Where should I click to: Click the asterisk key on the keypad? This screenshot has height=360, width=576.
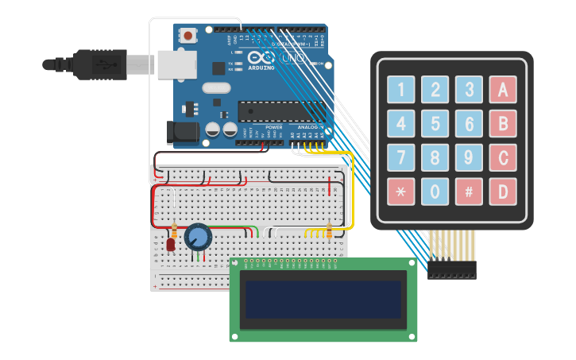[x=400, y=192]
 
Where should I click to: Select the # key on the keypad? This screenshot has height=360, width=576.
[x=470, y=192]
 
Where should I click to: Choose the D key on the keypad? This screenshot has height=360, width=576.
[x=503, y=192]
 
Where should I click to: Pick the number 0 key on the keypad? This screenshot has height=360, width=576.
[x=435, y=192]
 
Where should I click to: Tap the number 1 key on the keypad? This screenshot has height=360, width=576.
[x=400, y=89]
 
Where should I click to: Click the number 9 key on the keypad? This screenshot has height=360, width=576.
[x=470, y=157]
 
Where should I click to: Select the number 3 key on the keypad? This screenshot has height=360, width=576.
[x=470, y=89]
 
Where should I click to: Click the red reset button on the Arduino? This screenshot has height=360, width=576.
[x=187, y=36]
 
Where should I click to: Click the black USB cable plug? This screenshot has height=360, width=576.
[x=99, y=64]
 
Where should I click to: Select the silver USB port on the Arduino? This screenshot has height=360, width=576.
[x=176, y=64]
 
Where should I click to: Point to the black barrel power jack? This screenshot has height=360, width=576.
[x=184, y=132]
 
